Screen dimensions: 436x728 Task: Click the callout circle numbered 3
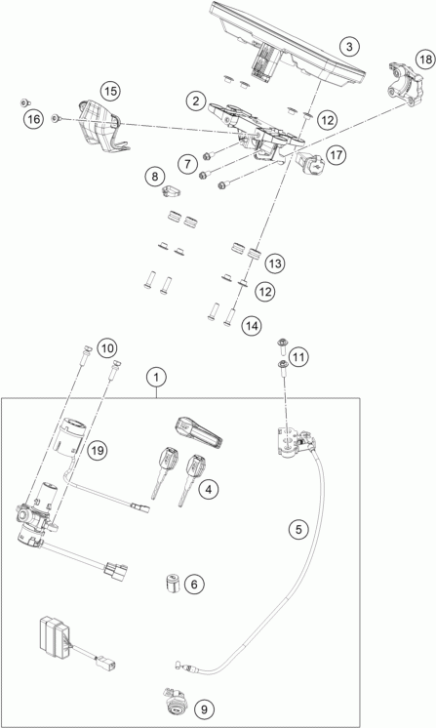pyautogui.click(x=349, y=47)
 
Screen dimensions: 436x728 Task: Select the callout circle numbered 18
pyautogui.click(x=425, y=60)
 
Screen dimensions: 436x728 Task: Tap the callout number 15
pyautogui.click(x=110, y=91)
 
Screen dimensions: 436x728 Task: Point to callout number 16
pyautogui.click(x=33, y=120)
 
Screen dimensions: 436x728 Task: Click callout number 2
pyautogui.click(x=196, y=101)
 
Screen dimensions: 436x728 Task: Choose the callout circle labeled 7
pyautogui.click(x=187, y=164)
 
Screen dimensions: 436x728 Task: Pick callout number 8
pyautogui.click(x=154, y=177)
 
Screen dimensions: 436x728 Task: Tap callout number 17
pyautogui.click(x=337, y=154)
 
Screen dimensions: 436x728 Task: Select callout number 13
pyautogui.click(x=275, y=263)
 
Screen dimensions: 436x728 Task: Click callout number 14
pyautogui.click(x=251, y=326)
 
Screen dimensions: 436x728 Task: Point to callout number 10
pyautogui.click(x=107, y=347)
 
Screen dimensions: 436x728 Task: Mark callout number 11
pyautogui.click(x=298, y=357)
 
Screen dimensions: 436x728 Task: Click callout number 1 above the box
pyautogui.click(x=157, y=378)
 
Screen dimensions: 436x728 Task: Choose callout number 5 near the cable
pyautogui.click(x=298, y=529)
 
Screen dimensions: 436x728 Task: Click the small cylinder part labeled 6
pyautogui.click(x=173, y=584)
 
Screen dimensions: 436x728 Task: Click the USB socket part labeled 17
pyautogui.click(x=307, y=163)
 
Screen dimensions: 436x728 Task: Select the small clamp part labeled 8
pyautogui.click(x=171, y=191)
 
